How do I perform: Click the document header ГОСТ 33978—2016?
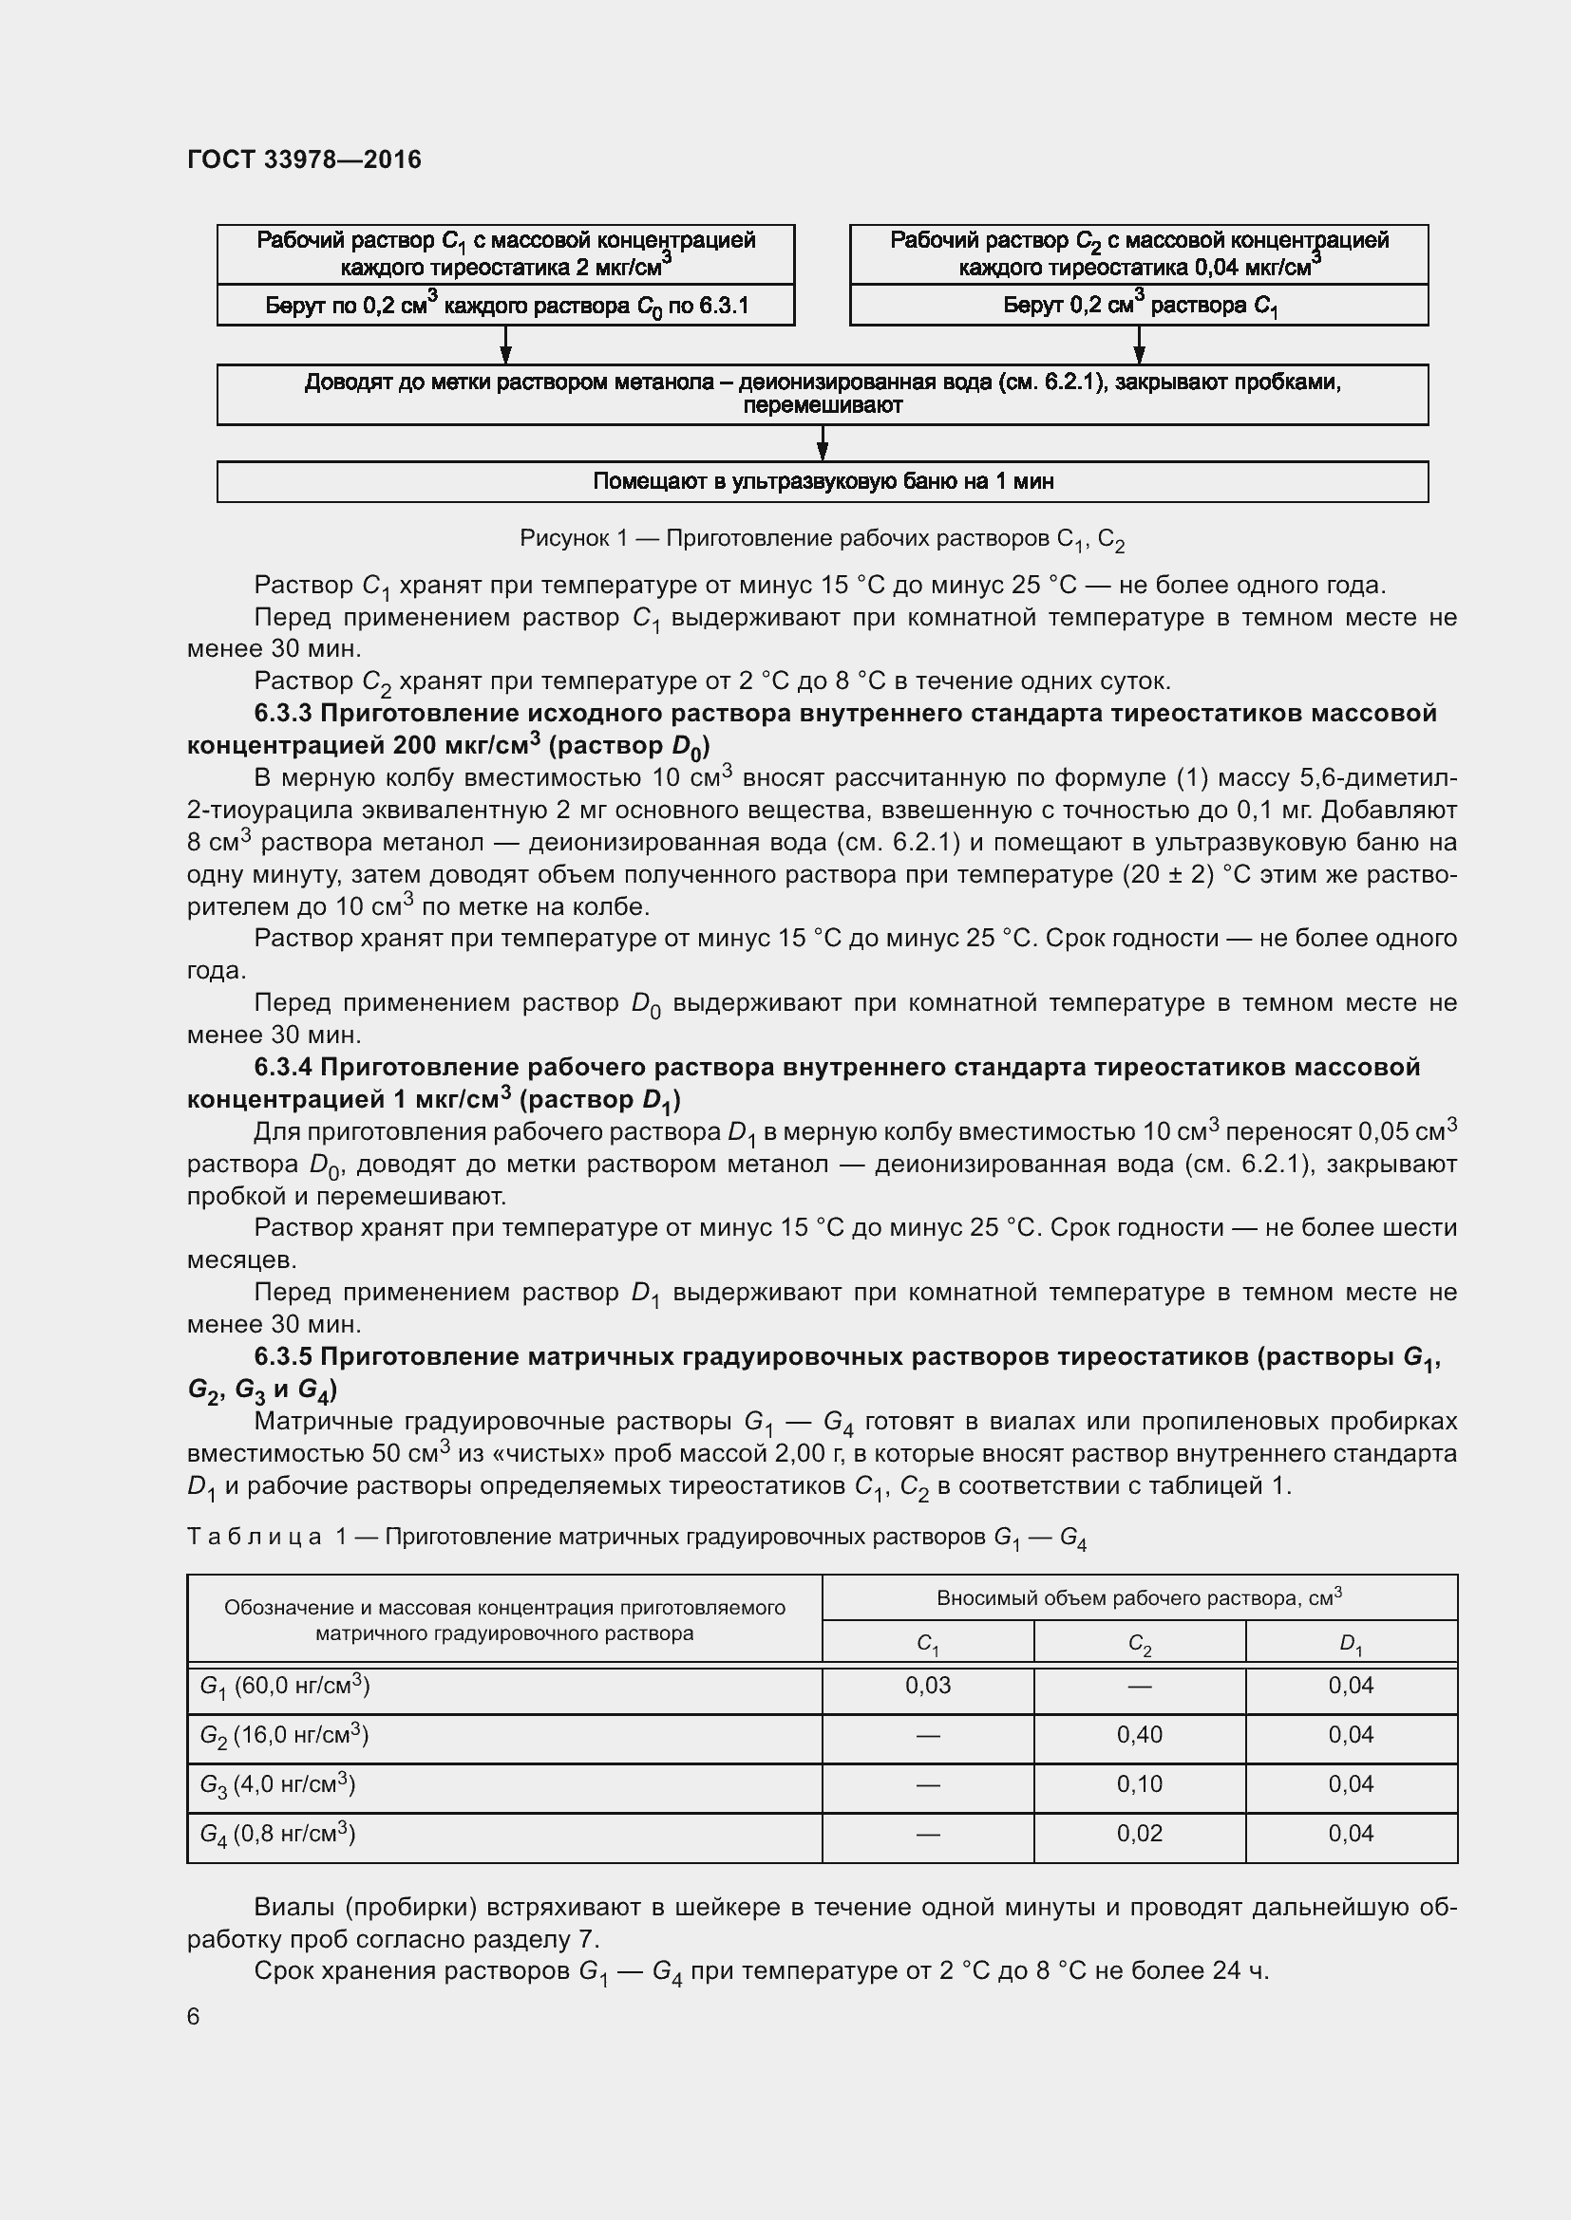coord(304,159)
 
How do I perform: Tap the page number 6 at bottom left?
coord(194,2016)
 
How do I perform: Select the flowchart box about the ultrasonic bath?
coord(823,481)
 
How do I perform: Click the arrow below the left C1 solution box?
coord(505,345)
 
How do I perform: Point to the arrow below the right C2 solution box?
coord(1139,345)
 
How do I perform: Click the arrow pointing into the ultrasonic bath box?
coord(823,444)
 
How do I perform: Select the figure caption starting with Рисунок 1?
coord(823,539)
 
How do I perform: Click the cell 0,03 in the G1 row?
coord(928,1687)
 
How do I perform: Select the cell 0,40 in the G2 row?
coord(1140,1736)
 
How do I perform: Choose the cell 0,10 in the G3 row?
coord(1140,1785)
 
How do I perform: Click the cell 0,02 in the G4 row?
coord(1140,1835)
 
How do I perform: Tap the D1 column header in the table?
coord(1351,1644)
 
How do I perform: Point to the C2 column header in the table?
coord(1140,1644)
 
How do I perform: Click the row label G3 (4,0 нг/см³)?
coord(277,1785)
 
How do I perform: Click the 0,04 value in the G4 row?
coord(1351,1835)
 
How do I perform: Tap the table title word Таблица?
coord(254,1538)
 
